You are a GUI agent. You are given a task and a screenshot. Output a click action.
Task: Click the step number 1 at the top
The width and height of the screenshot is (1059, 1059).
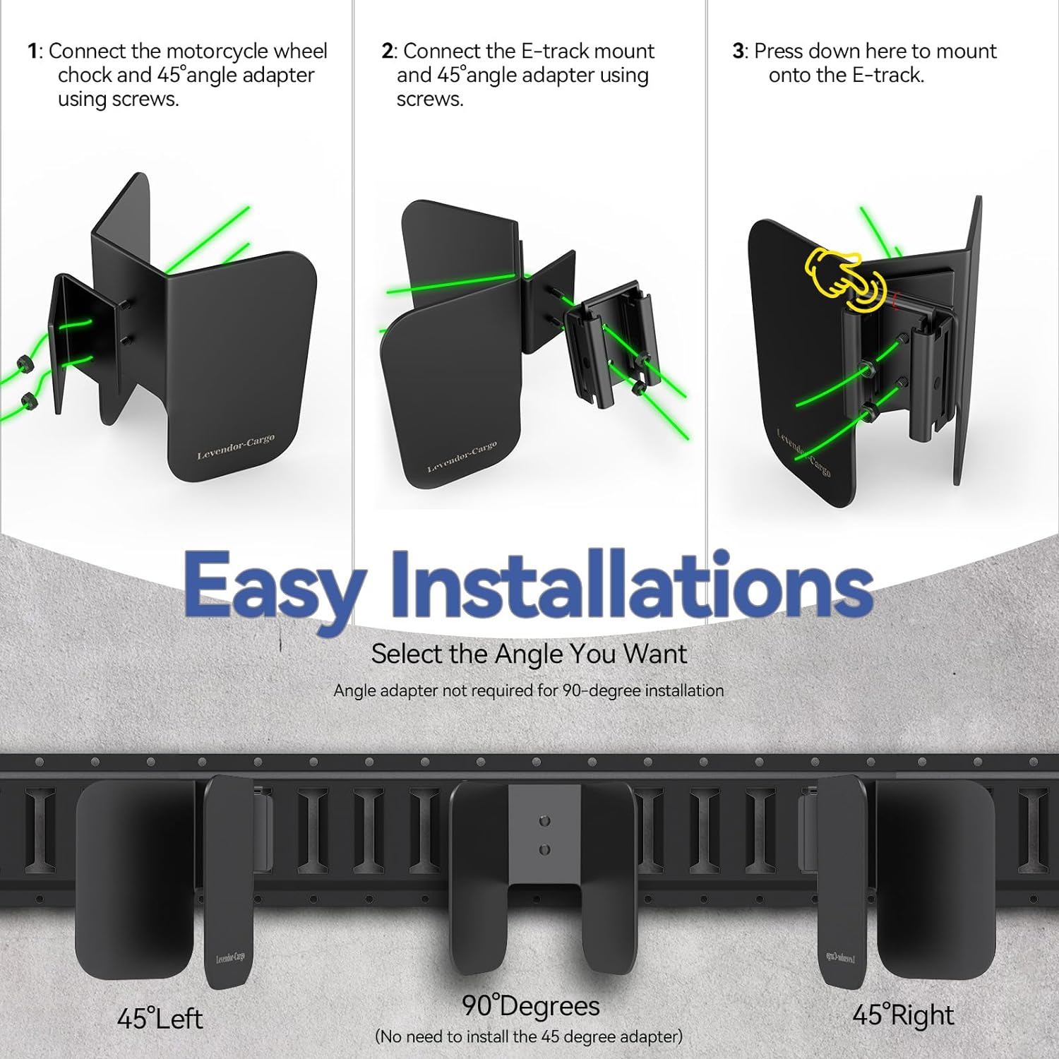coord(32,52)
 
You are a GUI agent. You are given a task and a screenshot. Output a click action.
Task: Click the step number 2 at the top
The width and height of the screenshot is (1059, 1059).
coord(387,52)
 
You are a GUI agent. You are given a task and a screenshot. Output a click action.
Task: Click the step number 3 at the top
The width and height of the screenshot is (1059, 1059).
coord(738,52)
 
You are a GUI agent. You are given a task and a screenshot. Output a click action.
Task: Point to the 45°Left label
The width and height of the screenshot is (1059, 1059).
coord(160,1019)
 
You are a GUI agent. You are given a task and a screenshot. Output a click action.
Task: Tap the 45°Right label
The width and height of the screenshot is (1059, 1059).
coord(903,1015)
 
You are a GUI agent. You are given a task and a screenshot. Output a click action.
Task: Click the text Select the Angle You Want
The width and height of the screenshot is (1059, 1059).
coord(529,654)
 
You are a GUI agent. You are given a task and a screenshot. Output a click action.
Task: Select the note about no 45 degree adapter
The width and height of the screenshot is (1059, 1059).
coord(529,1036)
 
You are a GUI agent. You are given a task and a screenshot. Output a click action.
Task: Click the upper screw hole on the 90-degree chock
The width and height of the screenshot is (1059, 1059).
coord(544,821)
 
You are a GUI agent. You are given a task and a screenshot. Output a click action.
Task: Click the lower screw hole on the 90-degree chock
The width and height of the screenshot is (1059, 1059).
coord(544,850)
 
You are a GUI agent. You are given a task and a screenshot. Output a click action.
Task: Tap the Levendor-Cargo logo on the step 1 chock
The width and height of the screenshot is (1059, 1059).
coord(236,448)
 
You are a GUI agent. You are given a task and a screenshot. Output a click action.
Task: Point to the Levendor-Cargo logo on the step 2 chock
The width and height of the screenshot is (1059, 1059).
coord(462,457)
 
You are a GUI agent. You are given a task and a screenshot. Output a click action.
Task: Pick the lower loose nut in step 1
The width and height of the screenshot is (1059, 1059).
coord(29,402)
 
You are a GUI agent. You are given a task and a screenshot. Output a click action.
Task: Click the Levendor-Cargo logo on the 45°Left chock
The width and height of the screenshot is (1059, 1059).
coord(230,957)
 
